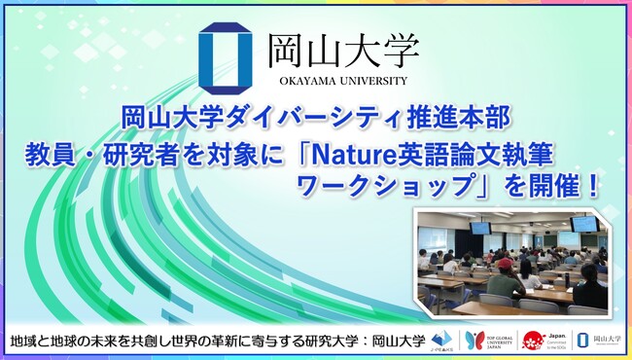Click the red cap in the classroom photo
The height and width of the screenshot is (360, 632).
pos(505,262)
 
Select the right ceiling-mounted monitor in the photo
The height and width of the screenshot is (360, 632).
pos(584,224)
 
